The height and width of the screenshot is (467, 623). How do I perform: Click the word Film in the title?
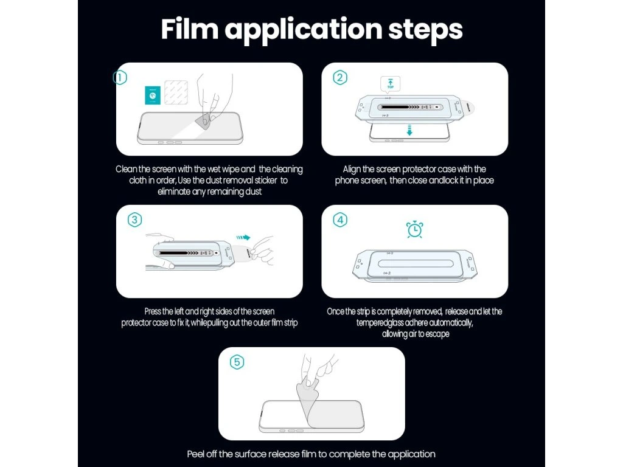(190, 29)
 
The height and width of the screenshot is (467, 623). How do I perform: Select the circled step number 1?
(120, 77)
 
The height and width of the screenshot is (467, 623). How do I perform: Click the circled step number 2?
(340, 77)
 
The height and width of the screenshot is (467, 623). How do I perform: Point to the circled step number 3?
(134, 220)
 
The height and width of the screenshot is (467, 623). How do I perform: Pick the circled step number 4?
(340, 220)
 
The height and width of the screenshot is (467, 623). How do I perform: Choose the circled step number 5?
(237, 362)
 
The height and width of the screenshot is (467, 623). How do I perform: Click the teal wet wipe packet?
(153, 95)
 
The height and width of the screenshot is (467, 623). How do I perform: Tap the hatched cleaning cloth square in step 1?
(176, 92)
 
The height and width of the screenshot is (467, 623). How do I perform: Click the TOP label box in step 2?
(390, 84)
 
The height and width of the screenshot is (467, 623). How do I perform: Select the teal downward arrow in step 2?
(409, 130)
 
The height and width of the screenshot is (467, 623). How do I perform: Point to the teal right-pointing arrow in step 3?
(243, 238)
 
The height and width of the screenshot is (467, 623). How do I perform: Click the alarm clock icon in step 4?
(414, 229)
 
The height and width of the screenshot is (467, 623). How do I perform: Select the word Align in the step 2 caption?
(352, 170)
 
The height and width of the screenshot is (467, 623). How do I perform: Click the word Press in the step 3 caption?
(153, 311)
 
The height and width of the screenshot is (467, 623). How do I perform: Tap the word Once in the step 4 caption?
(336, 311)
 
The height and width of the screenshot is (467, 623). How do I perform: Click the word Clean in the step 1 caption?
(126, 169)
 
